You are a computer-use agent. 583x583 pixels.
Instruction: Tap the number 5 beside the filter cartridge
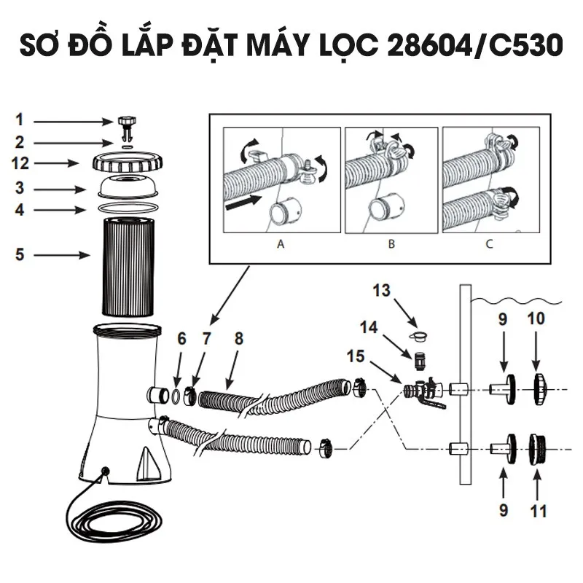pyautogui.click(x=20, y=255)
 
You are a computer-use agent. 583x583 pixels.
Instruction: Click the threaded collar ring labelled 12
pyautogui.click(x=127, y=162)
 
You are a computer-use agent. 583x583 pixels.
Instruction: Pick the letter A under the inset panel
pyautogui.click(x=281, y=245)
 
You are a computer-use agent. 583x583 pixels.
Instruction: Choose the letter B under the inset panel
pyautogui.click(x=391, y=245)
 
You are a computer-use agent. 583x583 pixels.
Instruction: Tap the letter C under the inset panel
pyautogui.click(x=489, y=245)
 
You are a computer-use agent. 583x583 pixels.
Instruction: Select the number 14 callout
pyautogui.click(x=369, y=327)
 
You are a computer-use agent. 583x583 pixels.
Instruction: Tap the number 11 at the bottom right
pyautogui.click(x=538, y=511)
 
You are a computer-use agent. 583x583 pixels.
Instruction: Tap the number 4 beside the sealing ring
pyautogui.click(x=20, y=210)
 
